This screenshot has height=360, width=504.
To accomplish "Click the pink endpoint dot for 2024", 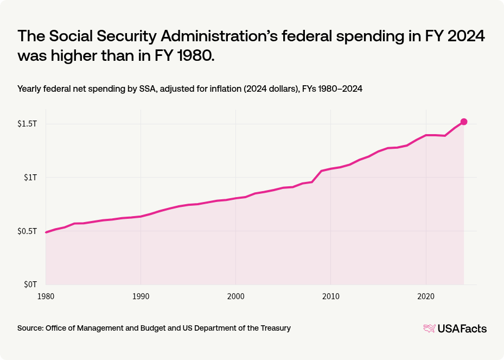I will tap(464, 122).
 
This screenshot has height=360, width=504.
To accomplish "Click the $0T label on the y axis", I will tap(30, 284).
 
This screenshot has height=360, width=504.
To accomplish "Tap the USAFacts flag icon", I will tap(429, 328).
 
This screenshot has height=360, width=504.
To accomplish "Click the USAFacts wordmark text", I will tap(463, 328).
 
